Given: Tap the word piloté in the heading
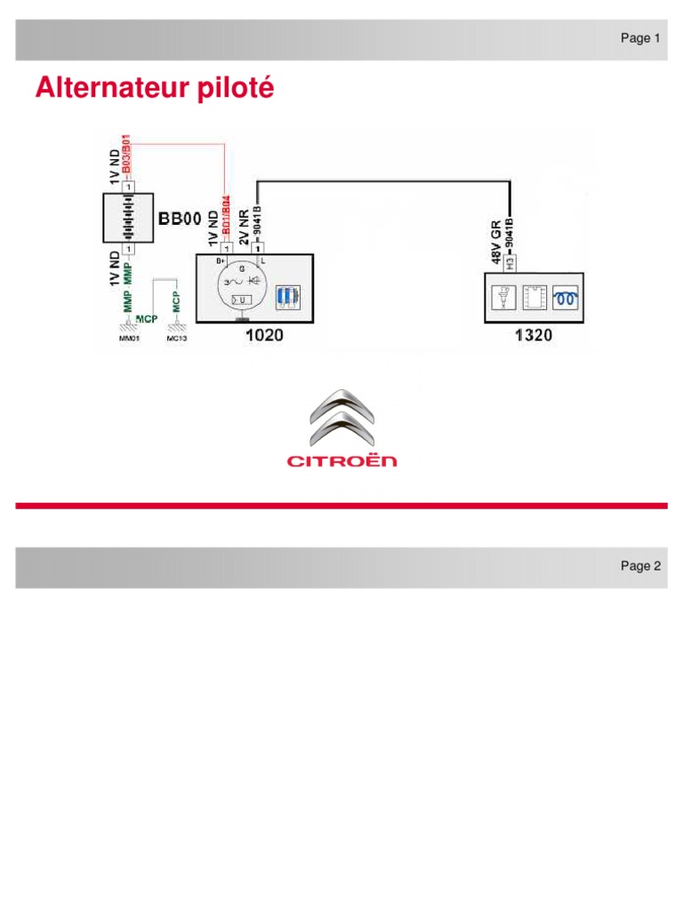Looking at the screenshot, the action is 236,90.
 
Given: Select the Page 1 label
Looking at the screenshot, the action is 640,38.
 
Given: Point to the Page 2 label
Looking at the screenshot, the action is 640,566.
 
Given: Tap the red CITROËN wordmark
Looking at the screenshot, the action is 341,460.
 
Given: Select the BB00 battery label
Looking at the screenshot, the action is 180,219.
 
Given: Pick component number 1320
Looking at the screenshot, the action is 532,335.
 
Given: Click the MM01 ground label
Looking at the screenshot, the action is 130,338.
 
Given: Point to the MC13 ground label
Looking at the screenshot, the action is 177,338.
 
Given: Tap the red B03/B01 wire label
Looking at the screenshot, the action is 127,155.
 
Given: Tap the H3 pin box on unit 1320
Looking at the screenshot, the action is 510,262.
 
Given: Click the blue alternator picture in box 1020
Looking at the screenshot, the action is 286,297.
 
